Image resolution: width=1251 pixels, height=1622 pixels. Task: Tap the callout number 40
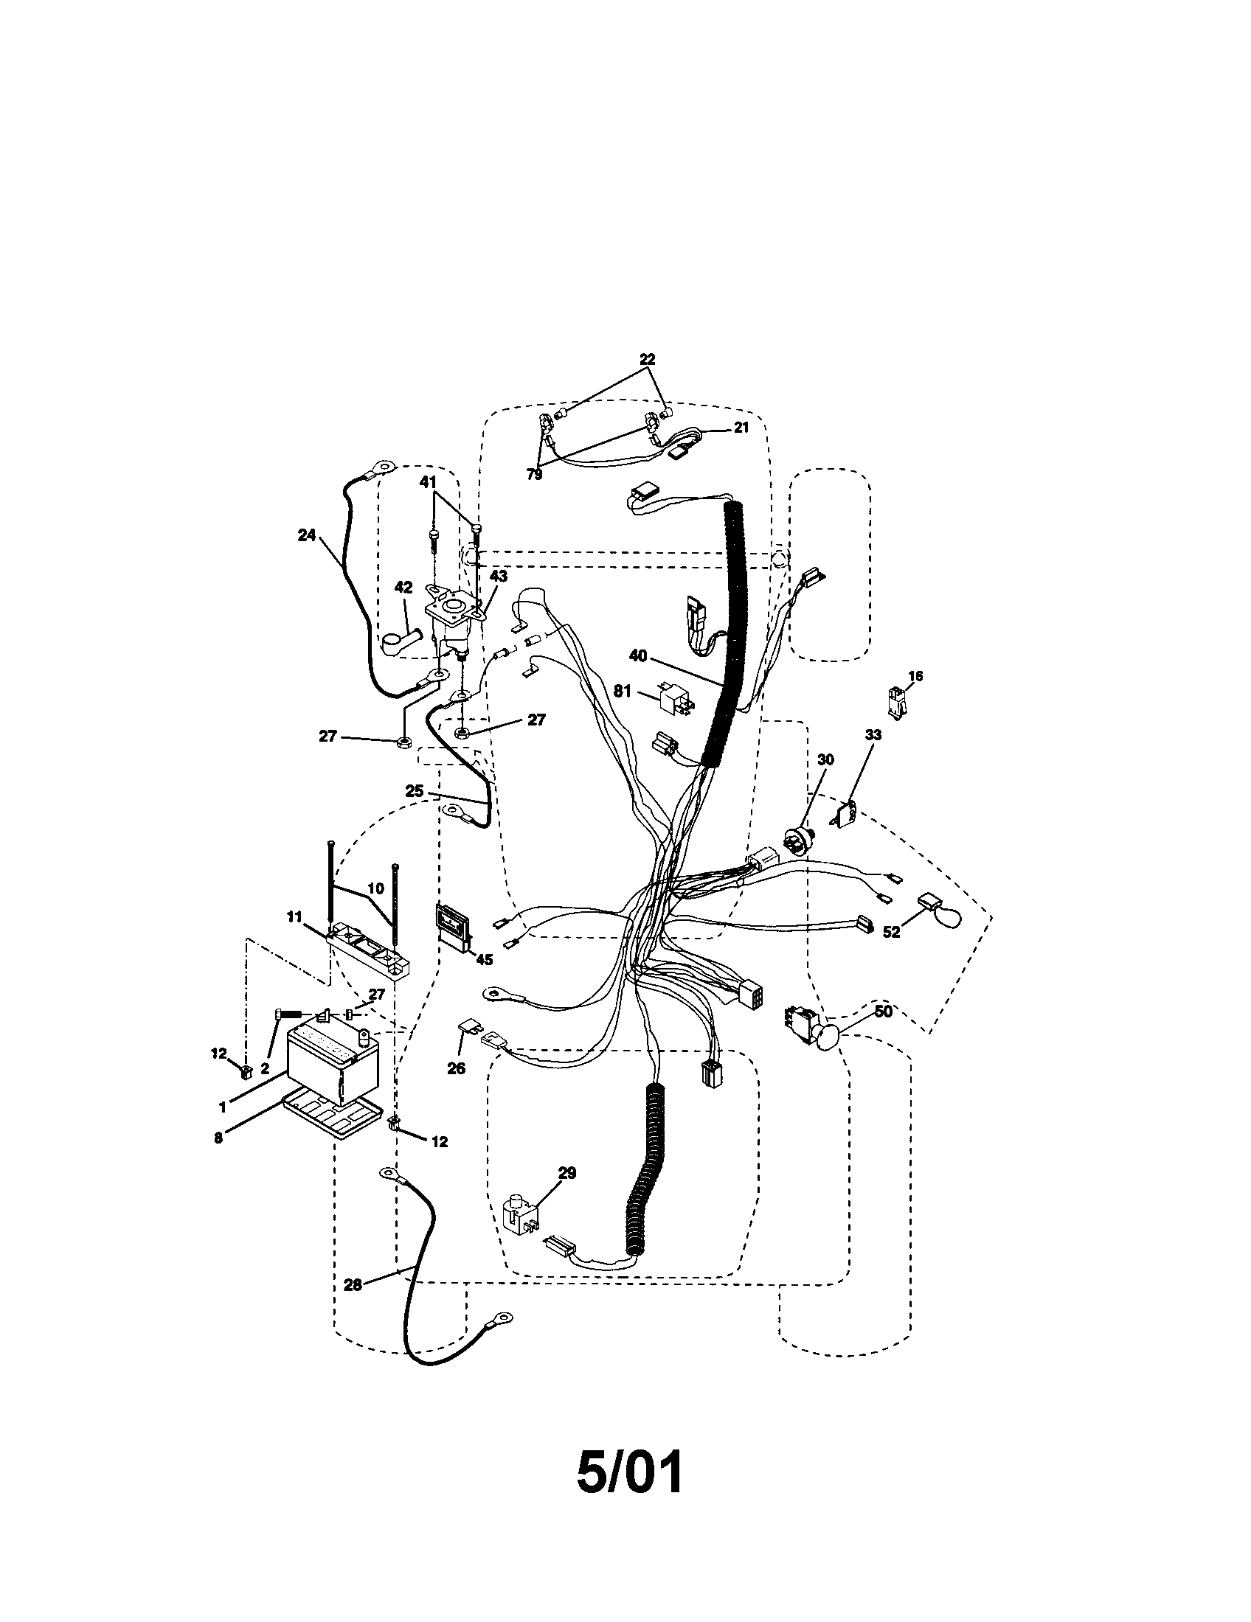point(637,655)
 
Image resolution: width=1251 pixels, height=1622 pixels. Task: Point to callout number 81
point(623,692)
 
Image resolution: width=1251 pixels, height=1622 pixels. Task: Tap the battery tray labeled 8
point(333,1125)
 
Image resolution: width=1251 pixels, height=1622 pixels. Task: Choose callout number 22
point(647,360)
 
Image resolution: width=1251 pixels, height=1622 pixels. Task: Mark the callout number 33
point(873,735)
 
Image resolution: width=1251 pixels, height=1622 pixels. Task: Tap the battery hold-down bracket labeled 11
point(368,951)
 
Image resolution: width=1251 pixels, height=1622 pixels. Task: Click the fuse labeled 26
point(467,1027)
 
